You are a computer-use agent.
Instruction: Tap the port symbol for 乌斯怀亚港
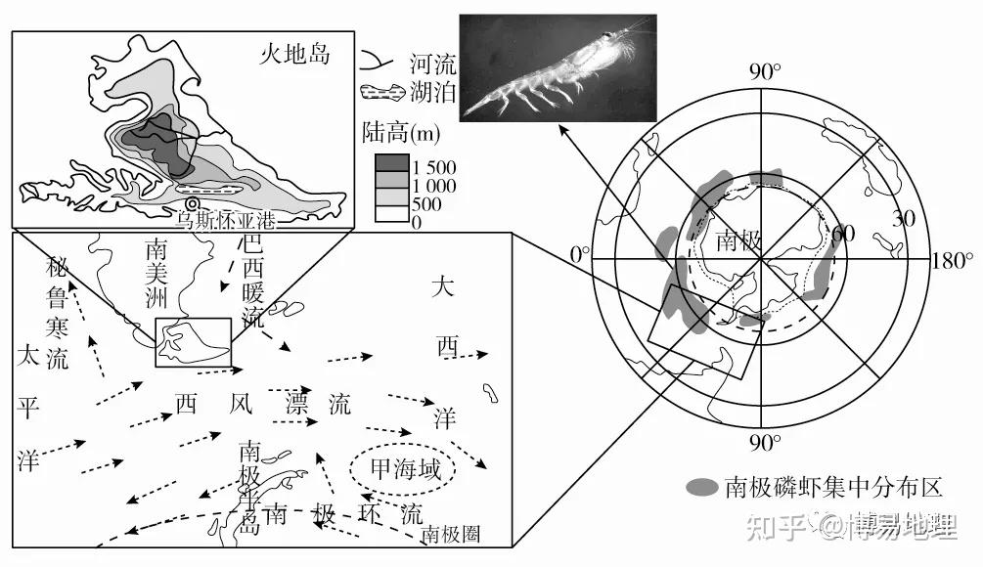[193, 204]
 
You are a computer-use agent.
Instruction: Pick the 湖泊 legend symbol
[381, 94]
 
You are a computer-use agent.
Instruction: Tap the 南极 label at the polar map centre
[738, 240]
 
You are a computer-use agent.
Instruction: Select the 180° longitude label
[953, 262]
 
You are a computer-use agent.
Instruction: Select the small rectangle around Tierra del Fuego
[193, 342]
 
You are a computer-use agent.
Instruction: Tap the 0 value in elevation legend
[417, 223]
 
